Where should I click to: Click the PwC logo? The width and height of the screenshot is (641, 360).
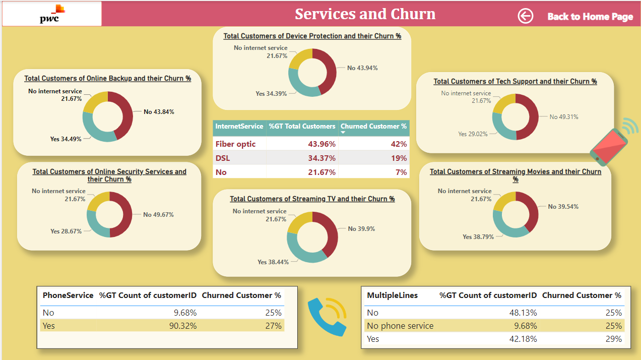[x=51, y=14]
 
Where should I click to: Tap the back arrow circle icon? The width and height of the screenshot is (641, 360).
[x=525, y=16]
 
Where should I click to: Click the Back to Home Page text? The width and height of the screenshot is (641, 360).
[x=590, y=17]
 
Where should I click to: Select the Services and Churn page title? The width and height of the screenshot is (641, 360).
[x=365, y=14]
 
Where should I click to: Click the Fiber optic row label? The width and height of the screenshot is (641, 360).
[x=235, y=144]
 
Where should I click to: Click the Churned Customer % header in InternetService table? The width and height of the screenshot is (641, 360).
[x=373, y=127]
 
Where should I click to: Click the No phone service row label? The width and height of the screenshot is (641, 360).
[x=400, y=326]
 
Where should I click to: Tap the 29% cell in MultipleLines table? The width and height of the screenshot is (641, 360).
[x=614, y=339]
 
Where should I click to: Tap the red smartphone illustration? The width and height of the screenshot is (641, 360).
[x=609, y=146]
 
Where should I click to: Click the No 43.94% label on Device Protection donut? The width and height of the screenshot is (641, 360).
[x=362, y=68]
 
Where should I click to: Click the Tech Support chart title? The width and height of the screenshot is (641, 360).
[x=515, y=81]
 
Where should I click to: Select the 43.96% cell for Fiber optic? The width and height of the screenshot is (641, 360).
[x=322, y=144]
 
